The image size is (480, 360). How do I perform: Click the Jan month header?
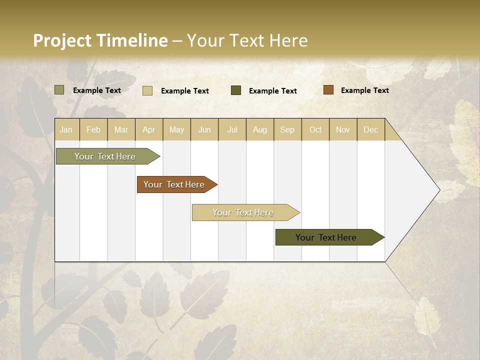click(x=66, y=129)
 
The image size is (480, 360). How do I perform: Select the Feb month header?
click(x=93, y=129)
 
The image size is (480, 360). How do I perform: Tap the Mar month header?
click(x=121, y=129)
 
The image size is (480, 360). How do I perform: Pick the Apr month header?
click(x=149, y=129)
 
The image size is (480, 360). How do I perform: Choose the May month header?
click(x=176, y=129)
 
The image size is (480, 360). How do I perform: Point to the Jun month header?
click(x=204, y=129)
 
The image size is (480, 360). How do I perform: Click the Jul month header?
click(x=232, y=129)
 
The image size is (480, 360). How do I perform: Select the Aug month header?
click(x=260, y=129)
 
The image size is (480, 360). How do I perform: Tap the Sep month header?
click(x=287, y=129)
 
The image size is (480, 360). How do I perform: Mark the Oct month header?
click(x=315, y=129)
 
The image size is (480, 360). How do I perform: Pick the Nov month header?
click(x=343, y=129)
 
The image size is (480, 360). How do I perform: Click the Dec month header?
click(x=371, y=129)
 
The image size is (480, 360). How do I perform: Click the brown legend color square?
click(x=328, y=90)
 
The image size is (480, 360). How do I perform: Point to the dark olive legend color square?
click(x=236, y=90)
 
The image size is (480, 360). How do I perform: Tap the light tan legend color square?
click(x=147, y=90)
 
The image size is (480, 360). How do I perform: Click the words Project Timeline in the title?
click(x=100, y=40)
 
